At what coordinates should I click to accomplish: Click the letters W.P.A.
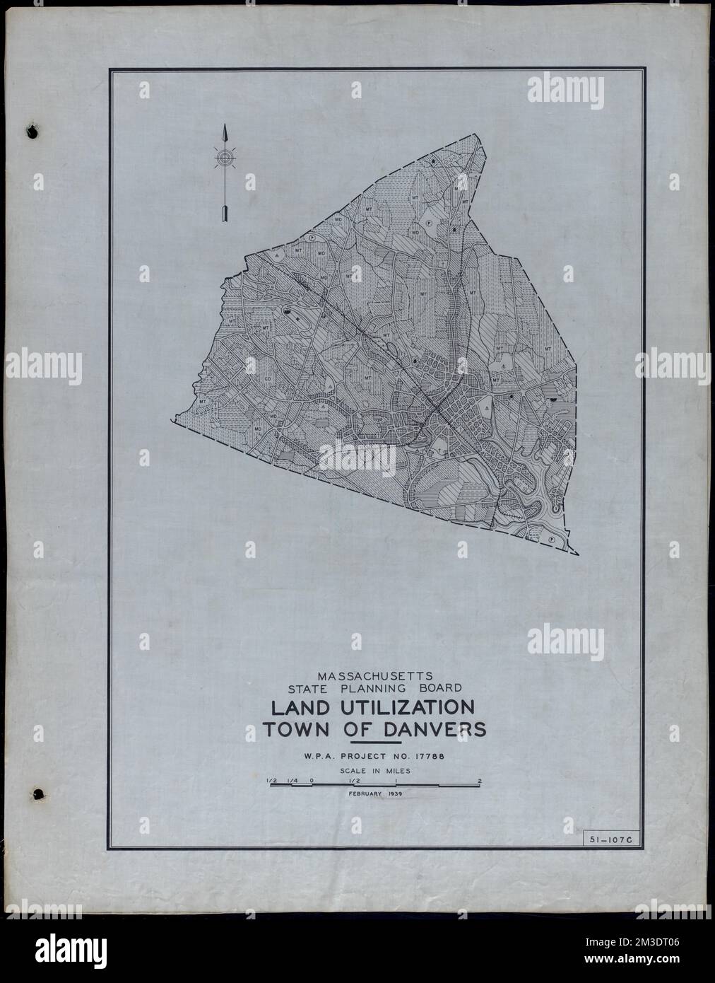316,758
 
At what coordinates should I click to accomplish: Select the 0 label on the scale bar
312,781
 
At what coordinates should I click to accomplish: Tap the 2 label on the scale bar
480,781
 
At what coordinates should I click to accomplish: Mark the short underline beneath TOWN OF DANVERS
375,744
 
